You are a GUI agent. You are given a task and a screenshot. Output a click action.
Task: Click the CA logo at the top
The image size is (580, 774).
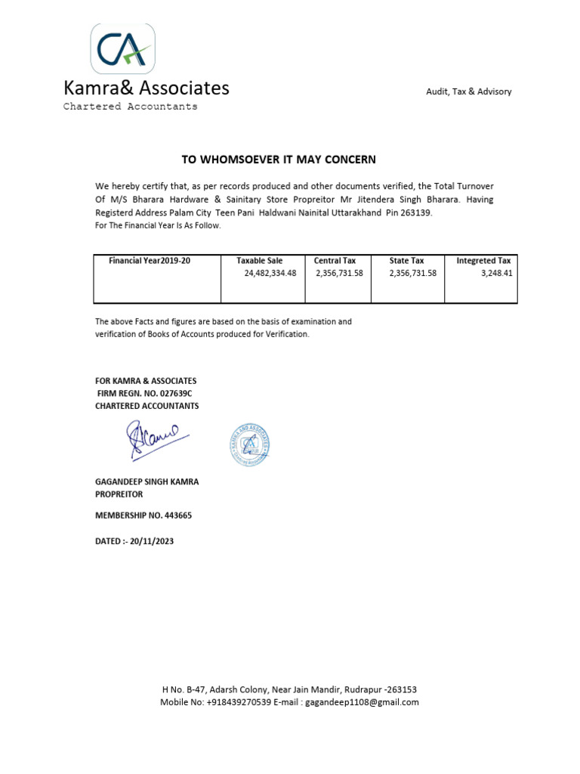(122, 48)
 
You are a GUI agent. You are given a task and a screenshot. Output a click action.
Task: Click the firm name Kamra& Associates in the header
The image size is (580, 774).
(146, 88)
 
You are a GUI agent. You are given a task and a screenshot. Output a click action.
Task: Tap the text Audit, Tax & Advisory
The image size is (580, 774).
(468, 91)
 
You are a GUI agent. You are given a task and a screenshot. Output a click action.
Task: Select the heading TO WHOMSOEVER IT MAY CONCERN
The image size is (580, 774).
(278, 159)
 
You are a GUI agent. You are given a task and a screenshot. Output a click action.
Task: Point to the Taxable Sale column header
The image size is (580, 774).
(259, 261)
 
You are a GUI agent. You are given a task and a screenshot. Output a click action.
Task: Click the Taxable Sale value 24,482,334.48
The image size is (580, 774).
(270, 274)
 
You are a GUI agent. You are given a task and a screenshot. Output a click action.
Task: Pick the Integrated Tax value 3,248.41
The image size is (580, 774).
(497, 274)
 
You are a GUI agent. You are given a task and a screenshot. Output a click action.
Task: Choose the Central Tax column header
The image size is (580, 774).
(335, 261)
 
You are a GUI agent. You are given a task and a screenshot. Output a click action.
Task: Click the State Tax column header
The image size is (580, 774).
(406, 261)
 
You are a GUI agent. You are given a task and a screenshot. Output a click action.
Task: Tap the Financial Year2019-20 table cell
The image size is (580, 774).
(150, 261)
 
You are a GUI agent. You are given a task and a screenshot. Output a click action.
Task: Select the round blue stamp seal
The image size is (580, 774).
(249, 444)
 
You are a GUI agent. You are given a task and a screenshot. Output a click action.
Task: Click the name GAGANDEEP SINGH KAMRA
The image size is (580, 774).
(147, 481)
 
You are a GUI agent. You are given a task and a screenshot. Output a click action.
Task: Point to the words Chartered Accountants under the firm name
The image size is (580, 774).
(130, 107)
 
